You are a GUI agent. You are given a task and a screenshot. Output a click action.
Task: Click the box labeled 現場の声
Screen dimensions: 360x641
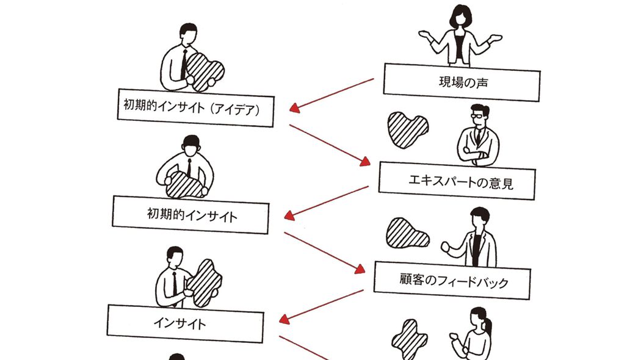click(x=462, y=82)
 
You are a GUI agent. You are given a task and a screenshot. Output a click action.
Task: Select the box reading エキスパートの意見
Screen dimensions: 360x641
click(x=457, y=181)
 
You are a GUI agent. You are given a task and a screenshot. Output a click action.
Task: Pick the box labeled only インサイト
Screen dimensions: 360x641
click(x=186, y=323)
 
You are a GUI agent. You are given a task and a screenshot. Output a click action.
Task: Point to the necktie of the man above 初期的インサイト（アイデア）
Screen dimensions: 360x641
click(x=183, y=64)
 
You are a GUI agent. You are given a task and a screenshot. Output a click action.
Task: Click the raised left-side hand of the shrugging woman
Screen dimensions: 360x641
click(x=425, y=35)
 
